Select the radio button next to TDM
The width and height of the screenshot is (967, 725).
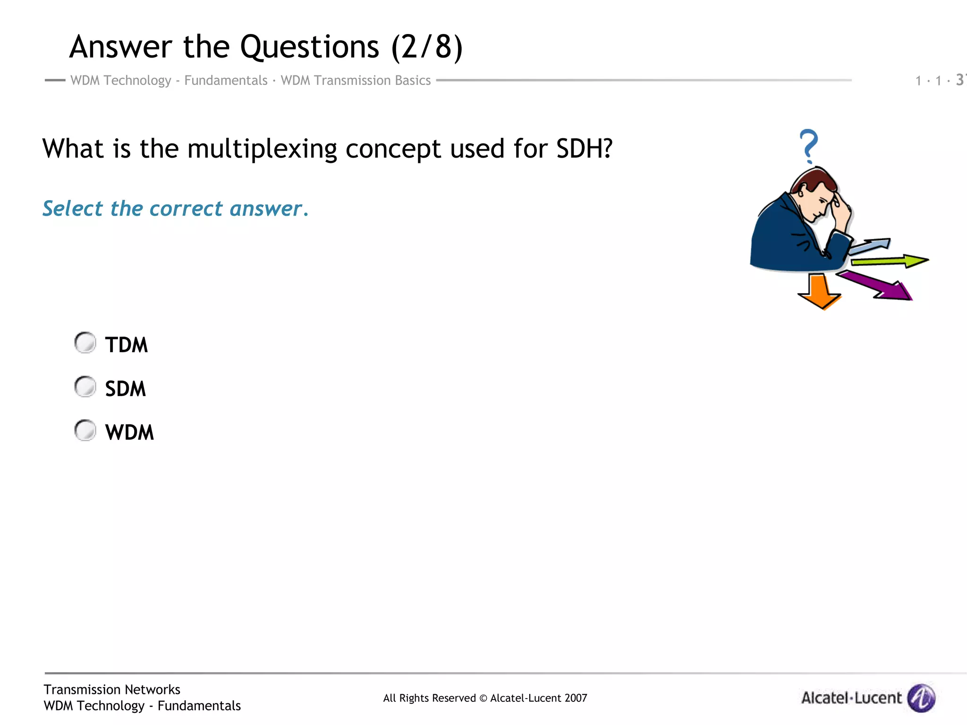click(x=85, y=343)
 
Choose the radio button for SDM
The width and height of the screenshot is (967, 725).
click(x=85, y=387)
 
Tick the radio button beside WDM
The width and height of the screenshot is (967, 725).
click(x=85, y=430)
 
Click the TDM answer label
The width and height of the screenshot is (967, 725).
click(x=126, y=345)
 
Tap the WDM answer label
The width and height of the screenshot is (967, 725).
click(x=129, y=432)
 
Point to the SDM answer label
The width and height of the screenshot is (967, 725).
click(x=125, y=389)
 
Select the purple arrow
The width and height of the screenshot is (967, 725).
click(x=878, y=285)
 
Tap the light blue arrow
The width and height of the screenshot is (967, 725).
click(x=871, y=245)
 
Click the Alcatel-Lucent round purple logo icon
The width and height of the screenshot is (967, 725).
click(x=922, y=697)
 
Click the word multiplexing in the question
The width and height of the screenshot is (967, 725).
click(x=262, y=149)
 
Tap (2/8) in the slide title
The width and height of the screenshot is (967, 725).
click(x=427, y=47)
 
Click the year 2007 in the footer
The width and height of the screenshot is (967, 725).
click(x=576, y=698)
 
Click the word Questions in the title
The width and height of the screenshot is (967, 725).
click(x=309, y=47)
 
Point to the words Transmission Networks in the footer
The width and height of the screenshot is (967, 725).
click(x=112, y=690)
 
